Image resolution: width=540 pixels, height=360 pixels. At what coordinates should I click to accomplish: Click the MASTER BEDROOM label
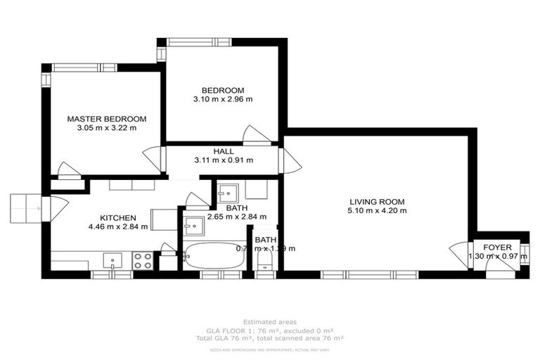pyautogui.click(x=106, y=119)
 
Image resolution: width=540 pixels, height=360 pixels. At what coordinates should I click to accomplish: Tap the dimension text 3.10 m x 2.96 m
pyautogui.click(x=223, y=99)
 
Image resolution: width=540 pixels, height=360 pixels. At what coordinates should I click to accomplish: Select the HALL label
pyautogui.click(x=224, y=151)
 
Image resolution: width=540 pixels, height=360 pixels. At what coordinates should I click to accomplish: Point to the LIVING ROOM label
pyautogui.click(x=376, y=201)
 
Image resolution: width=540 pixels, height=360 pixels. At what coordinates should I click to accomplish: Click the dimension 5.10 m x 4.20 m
pyautogui.click(x=376, y=210)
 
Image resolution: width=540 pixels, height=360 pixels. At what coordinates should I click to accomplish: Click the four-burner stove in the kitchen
pyautogui.click(x=143, y=260)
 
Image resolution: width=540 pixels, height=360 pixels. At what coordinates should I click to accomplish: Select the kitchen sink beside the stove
pyautogui.click(x=113, y=261)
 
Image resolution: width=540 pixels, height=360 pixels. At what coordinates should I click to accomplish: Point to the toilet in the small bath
pyautogui.click(x=265, y=262)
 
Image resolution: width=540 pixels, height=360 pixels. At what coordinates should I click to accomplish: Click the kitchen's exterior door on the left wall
pyautogui.click(x=53, y=209)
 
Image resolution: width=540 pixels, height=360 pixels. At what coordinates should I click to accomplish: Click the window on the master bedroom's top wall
pyautogui.click(x=84, y=67)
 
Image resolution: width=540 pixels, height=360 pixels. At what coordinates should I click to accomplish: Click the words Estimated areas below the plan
pyautogui.click(x=269, y=321)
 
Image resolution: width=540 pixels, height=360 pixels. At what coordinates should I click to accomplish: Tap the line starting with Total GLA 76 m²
pyautogui.click(x=269, y=338)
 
